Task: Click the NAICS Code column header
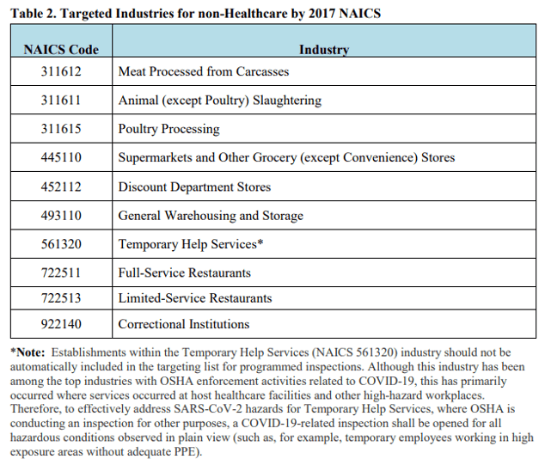tap(61, 49)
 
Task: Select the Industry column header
tap(324, 49)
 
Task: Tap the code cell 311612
tap(61, 71)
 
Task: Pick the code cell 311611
tap(61, 101)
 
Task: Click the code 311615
tap(61, 129)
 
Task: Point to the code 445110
tap(61, 158)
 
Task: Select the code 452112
tap(61, 187)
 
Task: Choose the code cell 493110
tap(61, 216)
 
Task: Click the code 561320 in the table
tap(61, 244)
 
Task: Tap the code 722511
tap(61, 272)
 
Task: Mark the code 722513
tap(61, 298)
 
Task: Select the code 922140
tap(61, 324)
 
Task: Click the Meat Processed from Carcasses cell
tap(203, 71)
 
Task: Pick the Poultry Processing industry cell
tap(168, 129)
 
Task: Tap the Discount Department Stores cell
tap(194, 187)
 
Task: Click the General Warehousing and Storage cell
tap(211, 216)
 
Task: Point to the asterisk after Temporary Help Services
tap(260, 243)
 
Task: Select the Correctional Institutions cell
tap(184, 324)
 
